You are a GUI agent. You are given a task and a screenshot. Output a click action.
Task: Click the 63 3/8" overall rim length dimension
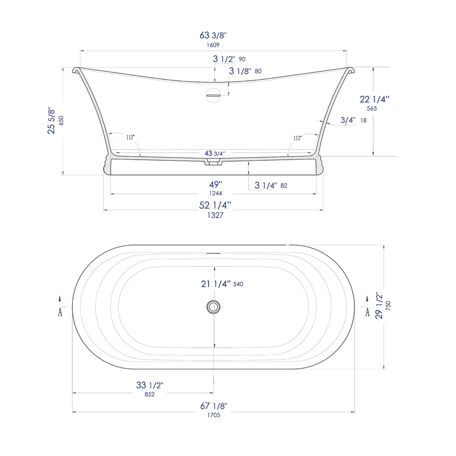tap(213, 35)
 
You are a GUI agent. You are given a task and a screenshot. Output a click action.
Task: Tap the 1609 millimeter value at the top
tap(213, 45)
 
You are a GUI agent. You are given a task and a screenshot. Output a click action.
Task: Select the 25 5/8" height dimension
tap(51, 121)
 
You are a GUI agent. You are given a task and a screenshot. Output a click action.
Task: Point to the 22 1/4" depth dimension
tap(374, 99)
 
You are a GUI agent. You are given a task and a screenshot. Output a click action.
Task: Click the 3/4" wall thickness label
tap(348, 120)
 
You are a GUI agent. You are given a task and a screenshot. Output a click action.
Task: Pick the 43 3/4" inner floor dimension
tap(215, 153)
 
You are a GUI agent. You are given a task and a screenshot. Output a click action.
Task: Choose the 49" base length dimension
tap(215, 185)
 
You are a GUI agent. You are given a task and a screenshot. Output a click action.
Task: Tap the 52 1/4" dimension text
tap(215, 205)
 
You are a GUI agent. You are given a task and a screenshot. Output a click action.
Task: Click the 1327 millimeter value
tap(215, 215)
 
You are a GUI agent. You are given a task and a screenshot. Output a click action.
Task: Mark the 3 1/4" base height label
tap(266, 185)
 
